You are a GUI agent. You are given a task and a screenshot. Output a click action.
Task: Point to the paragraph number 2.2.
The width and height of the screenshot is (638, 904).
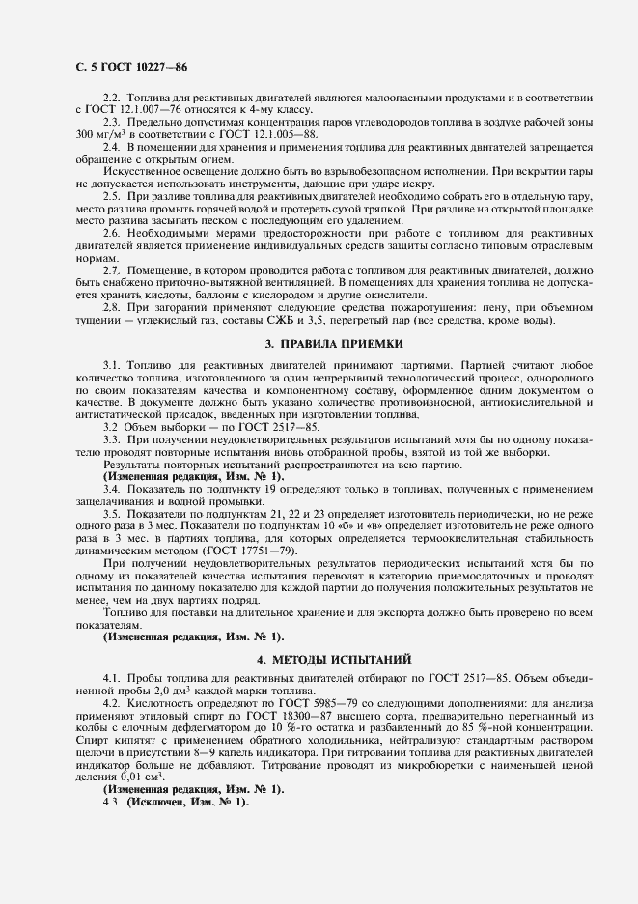(x=112, y=99)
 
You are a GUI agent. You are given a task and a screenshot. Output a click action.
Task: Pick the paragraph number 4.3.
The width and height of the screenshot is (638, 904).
(x=112, y=802)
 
